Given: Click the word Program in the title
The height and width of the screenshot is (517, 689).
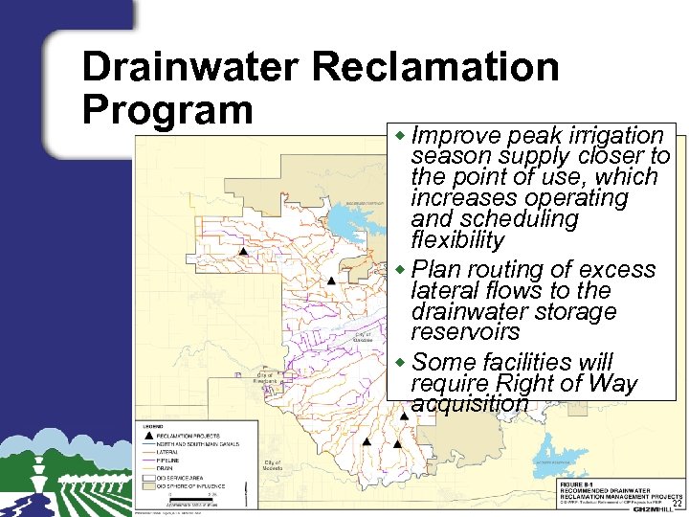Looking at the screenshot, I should point(167,109).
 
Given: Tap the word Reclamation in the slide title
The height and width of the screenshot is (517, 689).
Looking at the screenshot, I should point(435,67).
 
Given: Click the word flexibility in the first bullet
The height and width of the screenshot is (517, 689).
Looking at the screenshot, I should point(456,239).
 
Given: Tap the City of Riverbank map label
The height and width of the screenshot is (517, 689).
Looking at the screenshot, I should point(265,377).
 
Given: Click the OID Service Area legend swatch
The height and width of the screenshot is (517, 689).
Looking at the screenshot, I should point(148,476).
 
